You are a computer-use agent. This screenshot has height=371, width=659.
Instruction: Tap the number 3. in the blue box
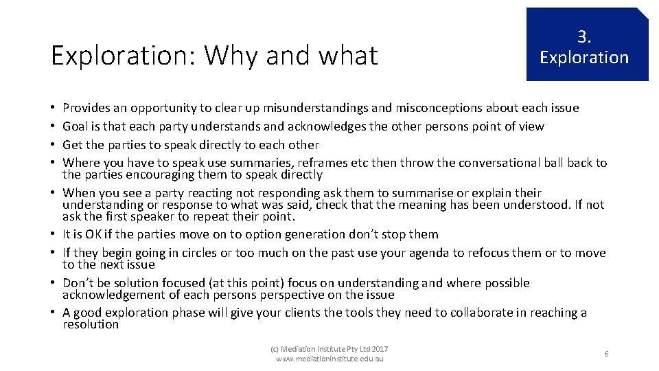point(583,36)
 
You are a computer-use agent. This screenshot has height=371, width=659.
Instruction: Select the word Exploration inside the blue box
point(583,57)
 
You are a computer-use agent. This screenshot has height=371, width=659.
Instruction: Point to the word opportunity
point(163,108)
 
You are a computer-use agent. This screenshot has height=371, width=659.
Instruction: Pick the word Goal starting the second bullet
point(75,126)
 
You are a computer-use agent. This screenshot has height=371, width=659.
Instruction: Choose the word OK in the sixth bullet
point(92,234)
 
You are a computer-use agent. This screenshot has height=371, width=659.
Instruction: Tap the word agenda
point(438,253)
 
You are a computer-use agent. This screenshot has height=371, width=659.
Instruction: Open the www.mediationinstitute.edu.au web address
point(329,359)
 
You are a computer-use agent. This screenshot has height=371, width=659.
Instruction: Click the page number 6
point(606,354)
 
